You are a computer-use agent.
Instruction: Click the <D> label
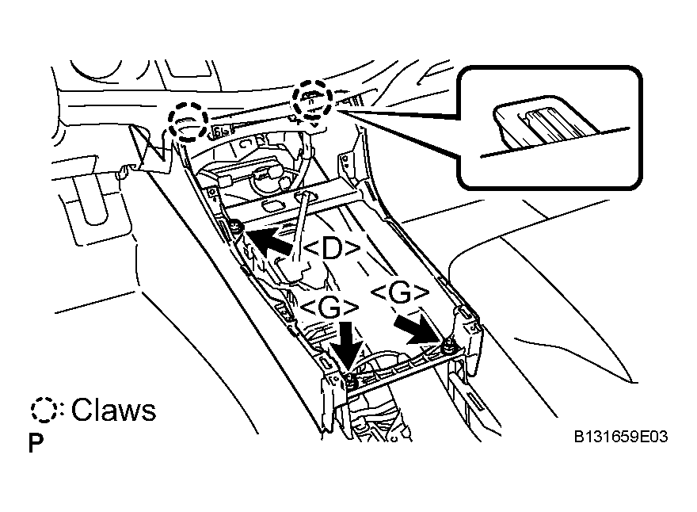coord(333,249)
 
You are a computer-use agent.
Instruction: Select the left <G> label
coord(329,308)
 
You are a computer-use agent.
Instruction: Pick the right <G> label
coord(400,292)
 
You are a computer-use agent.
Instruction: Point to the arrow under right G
coord(420,329)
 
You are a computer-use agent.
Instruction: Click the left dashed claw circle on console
coord(188,120)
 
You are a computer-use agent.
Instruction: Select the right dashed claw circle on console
coord(313,101)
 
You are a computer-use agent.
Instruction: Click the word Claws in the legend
coord(113,410)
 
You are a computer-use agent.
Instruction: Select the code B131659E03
coord(621,437)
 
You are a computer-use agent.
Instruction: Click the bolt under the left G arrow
coord(350,380)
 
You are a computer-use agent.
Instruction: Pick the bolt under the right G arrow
coord(448,346)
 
